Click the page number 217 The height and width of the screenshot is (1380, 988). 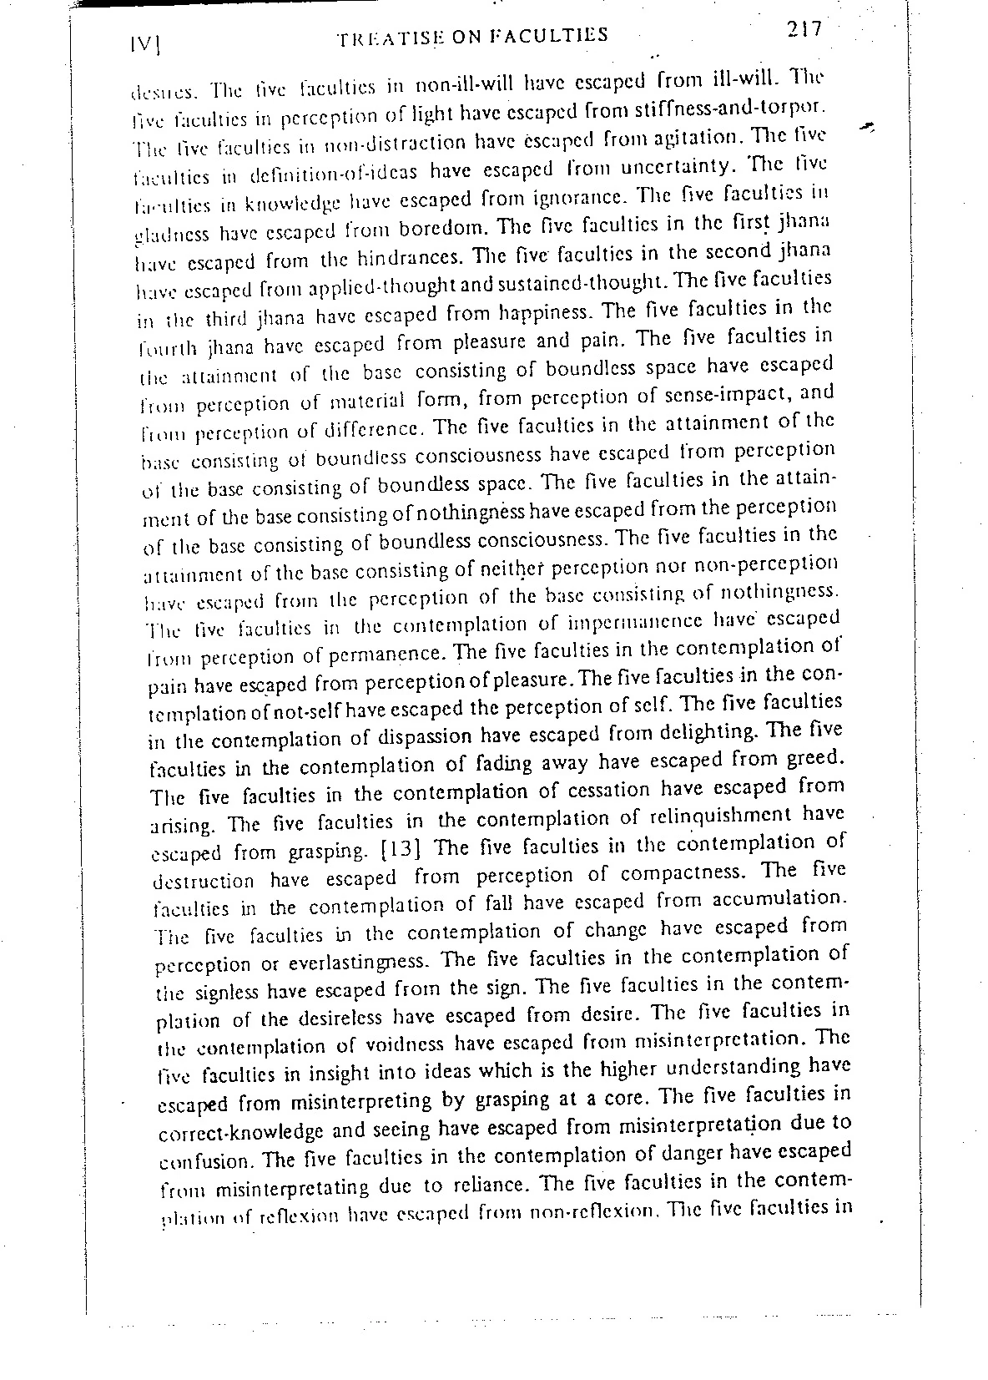tap(804, 30)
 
